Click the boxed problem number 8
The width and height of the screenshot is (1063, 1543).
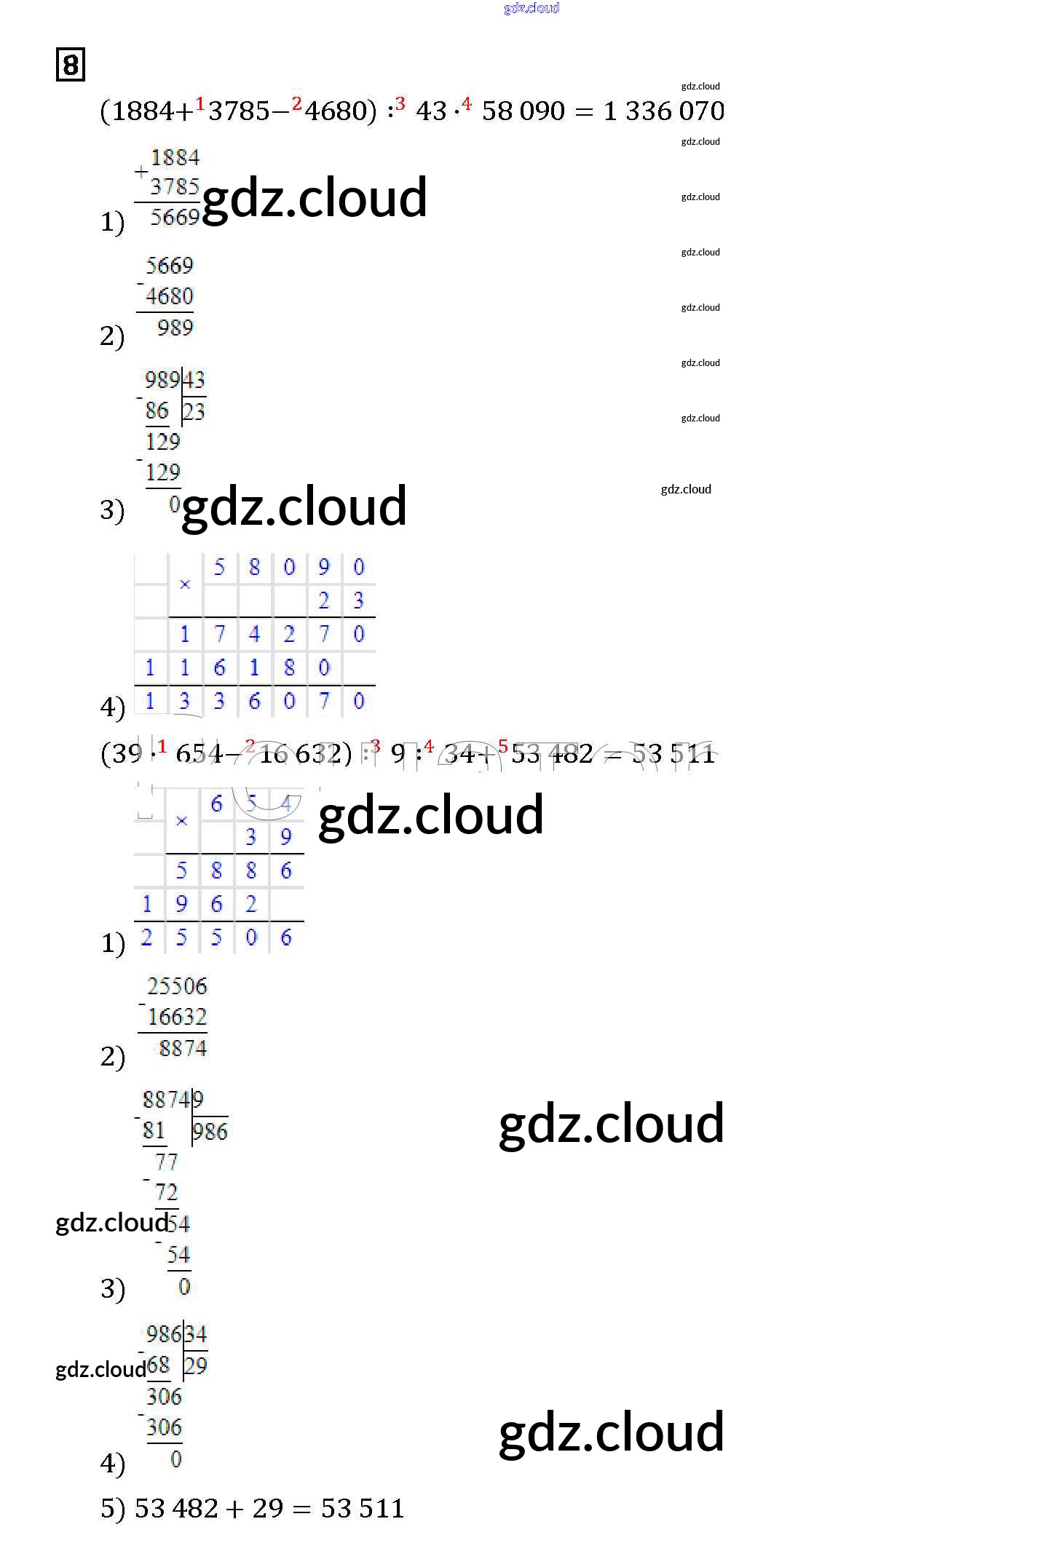71,65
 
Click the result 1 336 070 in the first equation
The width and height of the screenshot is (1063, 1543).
664,111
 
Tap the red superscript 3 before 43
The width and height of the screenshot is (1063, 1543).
400,104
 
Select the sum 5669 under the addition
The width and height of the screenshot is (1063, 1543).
175,217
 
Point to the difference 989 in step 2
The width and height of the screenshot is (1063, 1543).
175,328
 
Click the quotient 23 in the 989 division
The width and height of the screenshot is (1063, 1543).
194,412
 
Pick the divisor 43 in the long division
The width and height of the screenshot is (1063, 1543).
194,380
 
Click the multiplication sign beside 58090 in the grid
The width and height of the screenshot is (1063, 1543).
185,584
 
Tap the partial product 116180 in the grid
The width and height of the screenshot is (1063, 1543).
237,667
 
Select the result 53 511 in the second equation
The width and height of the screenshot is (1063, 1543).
673,754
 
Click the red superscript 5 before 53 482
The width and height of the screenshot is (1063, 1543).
503,746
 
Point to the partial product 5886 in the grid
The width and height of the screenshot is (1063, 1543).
234,870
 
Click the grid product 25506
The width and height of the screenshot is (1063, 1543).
216,937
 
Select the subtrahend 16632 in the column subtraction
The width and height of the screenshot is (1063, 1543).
178,1017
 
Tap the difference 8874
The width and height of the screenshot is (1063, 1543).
183,1049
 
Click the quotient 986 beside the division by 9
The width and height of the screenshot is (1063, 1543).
210,1132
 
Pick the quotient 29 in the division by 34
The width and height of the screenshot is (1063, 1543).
196,1366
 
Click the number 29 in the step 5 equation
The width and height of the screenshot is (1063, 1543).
268,1509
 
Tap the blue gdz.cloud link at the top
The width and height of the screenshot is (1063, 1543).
531,8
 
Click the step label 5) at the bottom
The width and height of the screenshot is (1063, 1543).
113,1510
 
